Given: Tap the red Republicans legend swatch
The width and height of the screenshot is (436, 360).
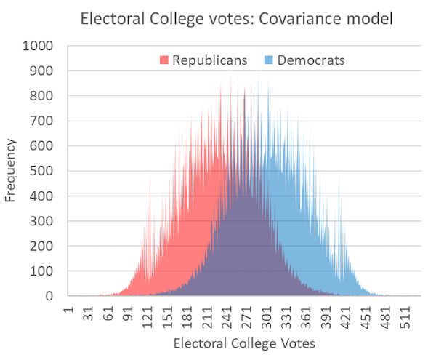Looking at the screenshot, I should (x=165, y=60).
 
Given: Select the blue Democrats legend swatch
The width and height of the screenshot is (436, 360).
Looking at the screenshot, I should (x=269, y=60).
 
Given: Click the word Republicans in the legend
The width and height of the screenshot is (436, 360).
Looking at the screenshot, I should (x=209, y=60).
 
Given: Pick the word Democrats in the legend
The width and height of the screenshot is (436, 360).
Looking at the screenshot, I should (x=310, y=60).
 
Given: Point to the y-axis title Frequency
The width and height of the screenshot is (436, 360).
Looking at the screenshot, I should (x=11, y=171).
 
